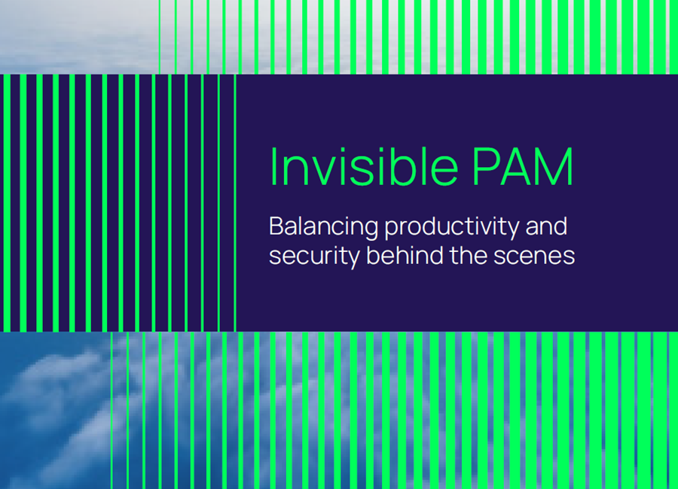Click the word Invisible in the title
(364, 167)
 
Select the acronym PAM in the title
(523, 167)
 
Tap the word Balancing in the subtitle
(323, 227)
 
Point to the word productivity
(451, 227)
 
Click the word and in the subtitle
(546, 226)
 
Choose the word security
(314, 257)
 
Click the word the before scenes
(469, 255)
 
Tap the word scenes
(534, 257)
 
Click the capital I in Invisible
(273, 167)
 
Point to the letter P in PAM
(484, 167)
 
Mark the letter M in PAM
(555, 167)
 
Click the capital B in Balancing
(276, 226)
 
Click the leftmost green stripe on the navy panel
(7, 203)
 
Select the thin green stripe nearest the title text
(235, 203)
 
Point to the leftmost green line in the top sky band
(160, 37)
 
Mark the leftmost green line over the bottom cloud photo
(111, 410)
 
